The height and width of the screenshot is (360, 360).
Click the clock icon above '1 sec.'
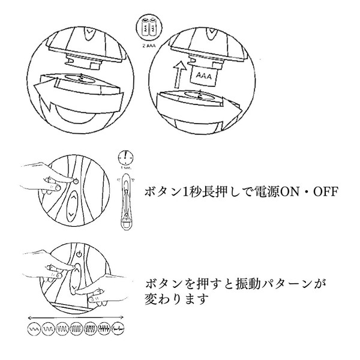tap(125, 157)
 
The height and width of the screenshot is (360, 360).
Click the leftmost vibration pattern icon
tap(35, 328)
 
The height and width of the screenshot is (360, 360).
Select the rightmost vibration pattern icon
tap(121, 328)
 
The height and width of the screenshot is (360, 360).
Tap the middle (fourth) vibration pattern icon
tap(77, 328)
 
